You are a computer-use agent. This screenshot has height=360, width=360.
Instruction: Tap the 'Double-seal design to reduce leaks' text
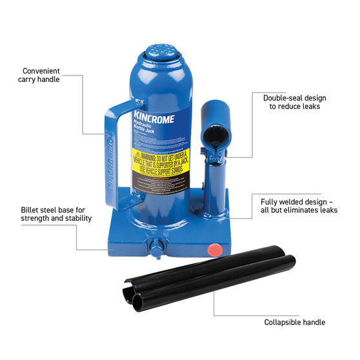coord(292,102)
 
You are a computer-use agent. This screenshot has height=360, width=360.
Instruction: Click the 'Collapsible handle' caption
coord(294,322)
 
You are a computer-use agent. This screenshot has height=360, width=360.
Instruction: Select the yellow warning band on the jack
coord(159,163)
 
